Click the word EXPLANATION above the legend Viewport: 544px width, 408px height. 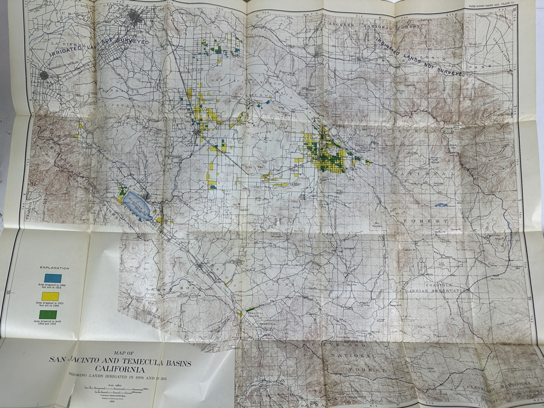54,268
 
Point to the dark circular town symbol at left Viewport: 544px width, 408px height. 44,76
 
